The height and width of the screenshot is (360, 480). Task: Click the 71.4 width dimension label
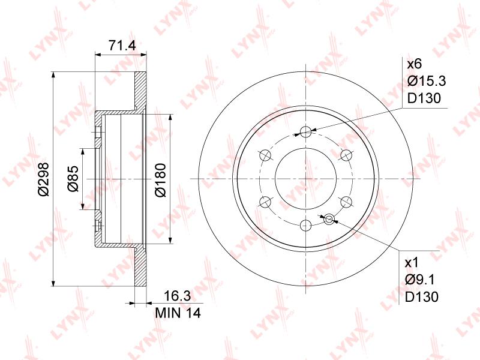point(122,46)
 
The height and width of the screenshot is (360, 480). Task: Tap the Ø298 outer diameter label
point(43,179)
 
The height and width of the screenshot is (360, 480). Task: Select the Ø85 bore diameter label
point(73,179)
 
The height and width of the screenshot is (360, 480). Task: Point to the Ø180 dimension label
point(160,180)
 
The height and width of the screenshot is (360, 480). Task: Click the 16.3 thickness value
point(177,296)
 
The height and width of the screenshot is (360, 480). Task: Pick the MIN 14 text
point(178,313)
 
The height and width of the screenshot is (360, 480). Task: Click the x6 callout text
point(414,64)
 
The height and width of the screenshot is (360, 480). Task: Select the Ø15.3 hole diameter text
point(427,81)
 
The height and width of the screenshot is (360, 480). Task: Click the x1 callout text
point(411,263)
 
